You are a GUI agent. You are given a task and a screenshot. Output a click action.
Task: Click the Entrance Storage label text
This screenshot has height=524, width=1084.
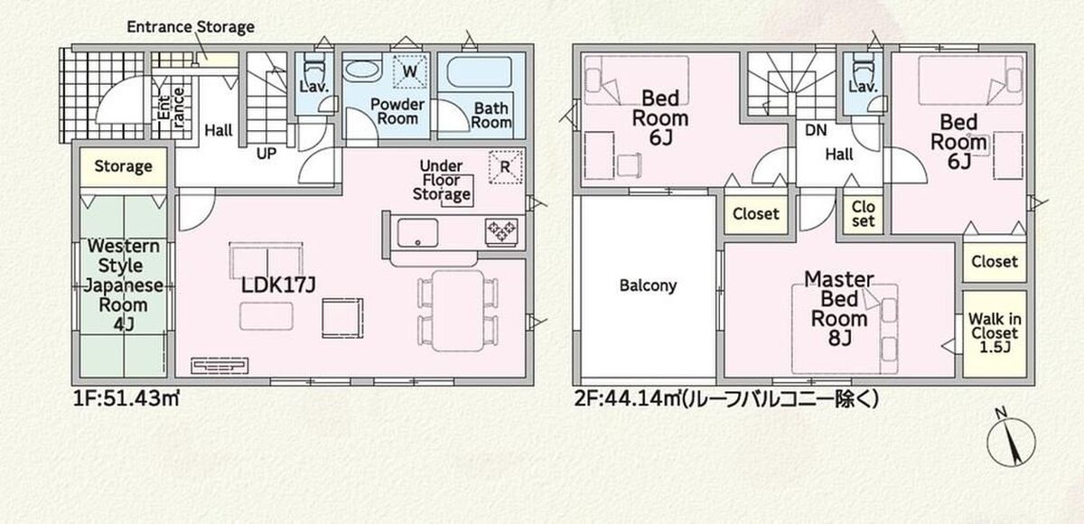pyautogui.click(x=191, y=27)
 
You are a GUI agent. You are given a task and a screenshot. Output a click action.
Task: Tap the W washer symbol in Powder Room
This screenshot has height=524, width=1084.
pyautogui.click(x=410, y=71)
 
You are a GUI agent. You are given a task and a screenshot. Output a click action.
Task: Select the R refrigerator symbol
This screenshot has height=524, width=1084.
pyautogui.click(x=505, y=167)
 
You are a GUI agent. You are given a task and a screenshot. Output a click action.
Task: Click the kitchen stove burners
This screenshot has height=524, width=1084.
pyautogui.click(x=502, y=232)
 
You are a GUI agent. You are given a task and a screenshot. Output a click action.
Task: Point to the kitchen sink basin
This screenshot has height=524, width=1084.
pyautogui.click(x=417, y=233)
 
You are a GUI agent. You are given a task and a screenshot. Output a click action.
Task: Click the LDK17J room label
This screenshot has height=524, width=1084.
pyautogui.click(x=278, y=285)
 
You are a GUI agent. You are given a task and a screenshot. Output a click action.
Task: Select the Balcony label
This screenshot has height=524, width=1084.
pyautogui.click(x=648, y=285)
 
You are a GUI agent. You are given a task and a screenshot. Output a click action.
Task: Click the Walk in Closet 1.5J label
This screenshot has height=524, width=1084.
pyautogui.click(x=995, y=332)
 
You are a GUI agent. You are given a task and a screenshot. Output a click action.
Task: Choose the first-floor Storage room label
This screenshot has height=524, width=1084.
pyautogui.click(x=124, y=166)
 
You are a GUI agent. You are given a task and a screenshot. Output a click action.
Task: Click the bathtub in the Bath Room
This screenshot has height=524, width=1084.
pyautogui.click(x=480, y=72)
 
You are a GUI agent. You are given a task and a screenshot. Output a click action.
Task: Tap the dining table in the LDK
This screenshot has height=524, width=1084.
pyautogui.click(x=458, y=311)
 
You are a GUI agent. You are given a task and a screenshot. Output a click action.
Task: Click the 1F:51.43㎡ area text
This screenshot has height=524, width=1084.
pyautogui.click(x=126, y=399)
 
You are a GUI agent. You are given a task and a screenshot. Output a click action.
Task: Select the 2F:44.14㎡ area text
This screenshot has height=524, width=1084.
pyautogui.click(x=726, y=399)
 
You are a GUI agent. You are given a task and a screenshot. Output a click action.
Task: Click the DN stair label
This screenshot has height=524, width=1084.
pyautogui.click(x=816, y=130)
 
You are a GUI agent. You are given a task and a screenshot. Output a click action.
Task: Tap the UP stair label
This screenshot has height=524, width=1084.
pyautogui.click(x=266, y=154)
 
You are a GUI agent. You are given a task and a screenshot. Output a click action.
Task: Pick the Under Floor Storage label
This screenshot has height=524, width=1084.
pyautogui.click(x=442, y=180)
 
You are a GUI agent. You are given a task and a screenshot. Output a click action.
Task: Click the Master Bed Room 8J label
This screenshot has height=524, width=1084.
pyautogui.click(x=839, y=308)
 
